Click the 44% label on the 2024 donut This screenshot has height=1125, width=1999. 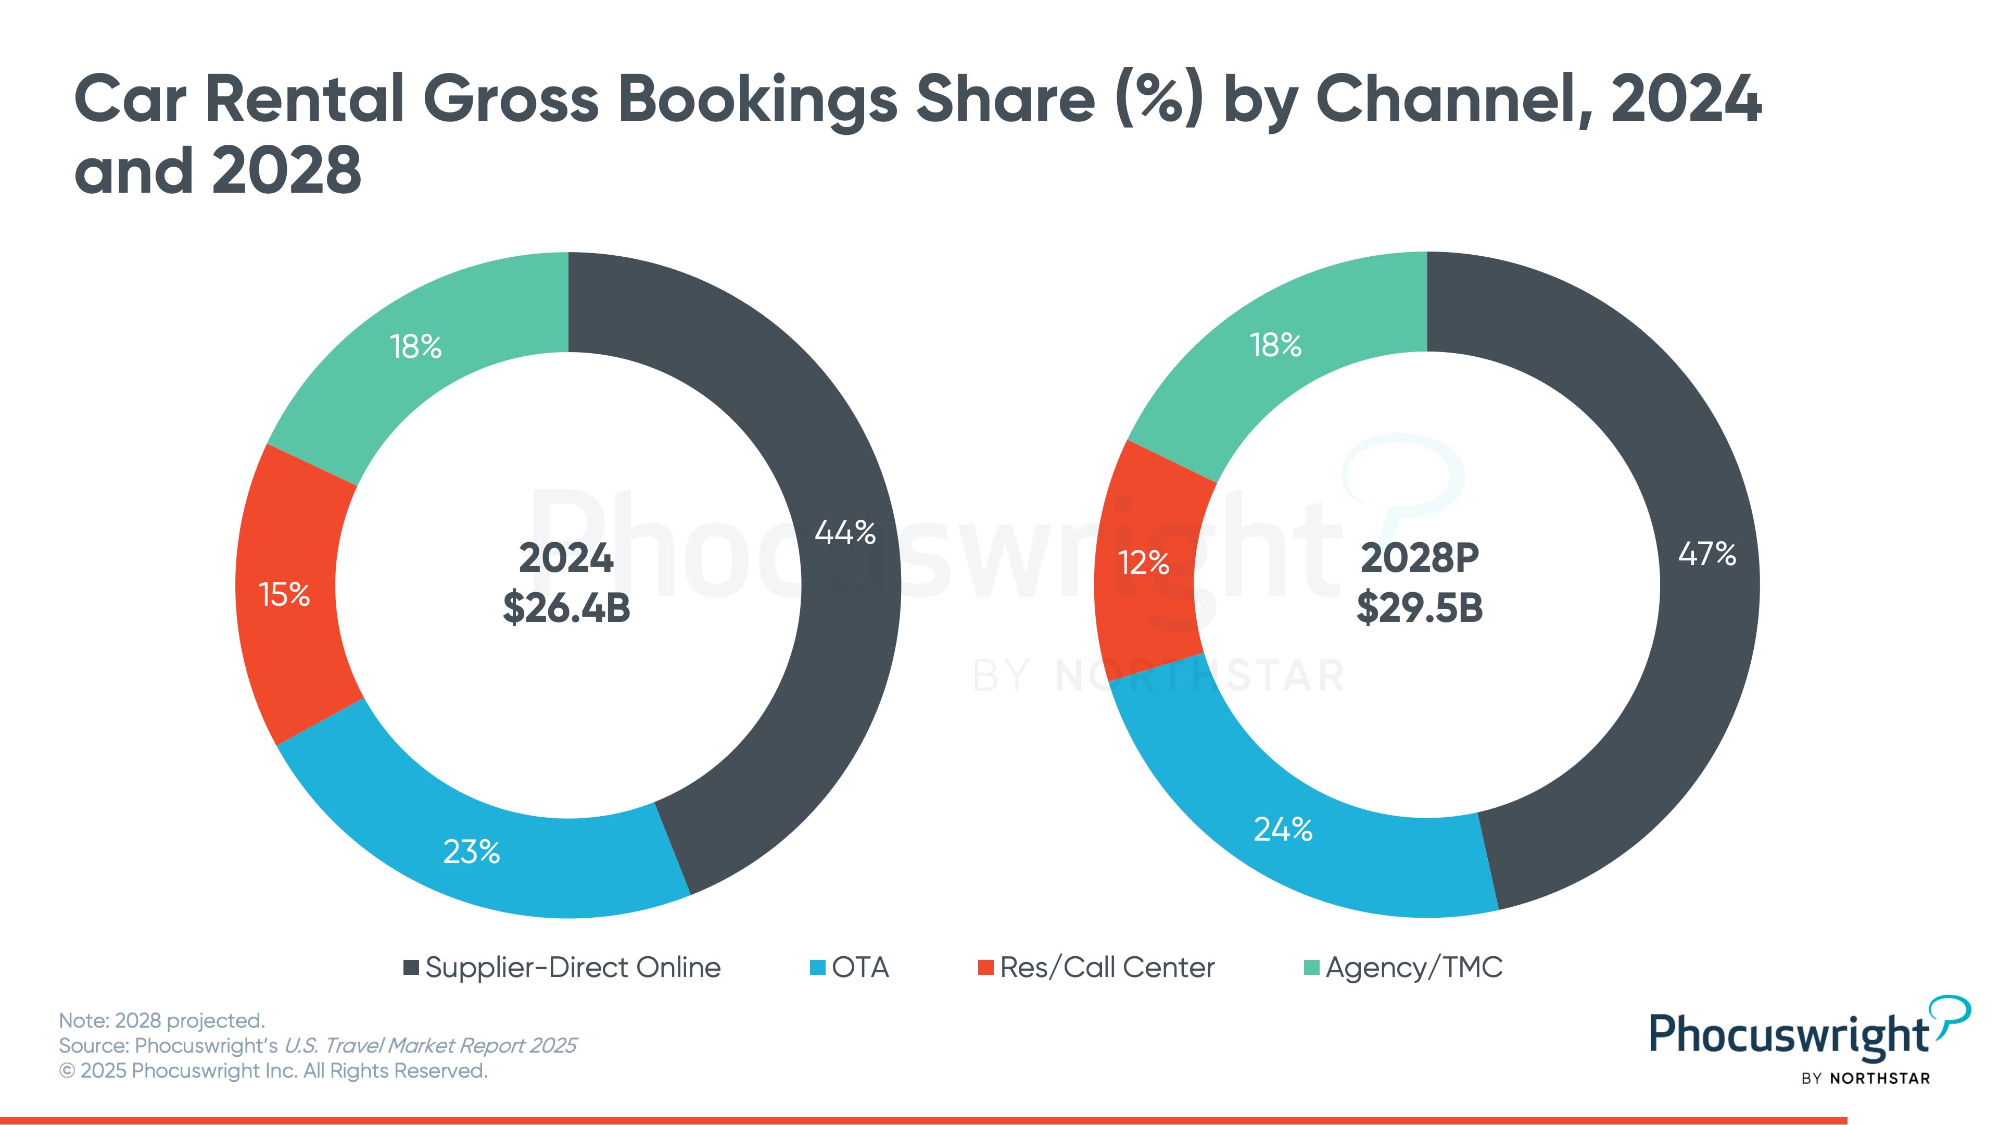pyautogui.click(x=845, y=533)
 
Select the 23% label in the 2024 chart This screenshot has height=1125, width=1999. pyautogui.click(x=471, y=852)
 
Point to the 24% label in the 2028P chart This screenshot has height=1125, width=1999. pyautogui.click(x=1283, y=829)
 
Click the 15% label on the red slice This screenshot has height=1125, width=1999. pyautogui.click(x=284, y=595)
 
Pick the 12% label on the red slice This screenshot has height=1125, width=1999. pyautogui.click(x=1143, y=563)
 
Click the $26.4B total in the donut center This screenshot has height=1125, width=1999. pyautogui.click(x=566, y=607)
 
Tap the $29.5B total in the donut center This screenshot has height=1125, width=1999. pyautogui.click(x=1419, y=607)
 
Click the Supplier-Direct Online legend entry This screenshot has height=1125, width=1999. pyautogui.click(x=563, y=967)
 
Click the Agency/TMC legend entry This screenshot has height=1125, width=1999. pyautogui.click(x=1403, y=967)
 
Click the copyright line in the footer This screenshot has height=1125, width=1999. pyautogui.click(x=273, y=1071)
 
